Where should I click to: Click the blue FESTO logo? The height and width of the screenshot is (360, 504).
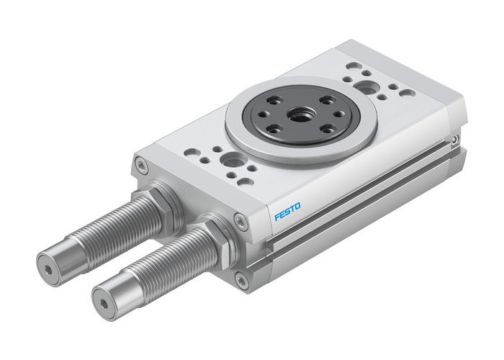(x=287, y=212)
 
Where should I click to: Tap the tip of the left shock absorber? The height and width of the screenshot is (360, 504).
(x=48, y=270)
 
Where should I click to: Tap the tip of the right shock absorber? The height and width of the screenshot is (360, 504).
(x=106, y=304)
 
